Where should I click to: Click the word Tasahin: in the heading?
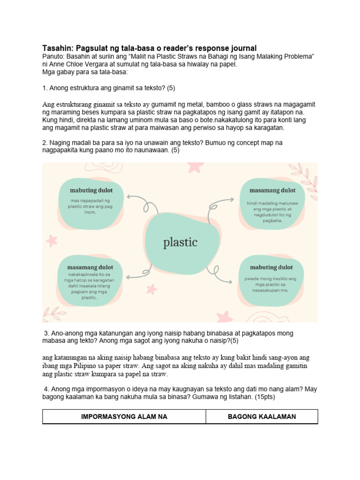59,48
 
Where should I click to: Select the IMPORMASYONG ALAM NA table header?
124,416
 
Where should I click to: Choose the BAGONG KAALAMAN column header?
262,416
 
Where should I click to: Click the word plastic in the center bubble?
180,242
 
